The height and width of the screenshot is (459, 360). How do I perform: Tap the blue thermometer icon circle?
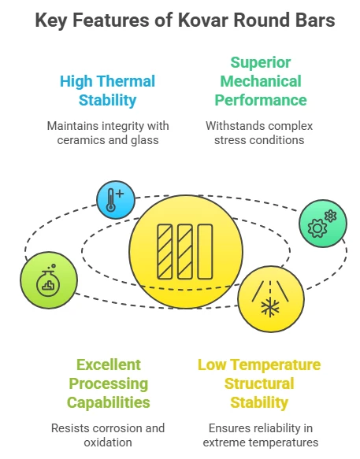coord(116,200)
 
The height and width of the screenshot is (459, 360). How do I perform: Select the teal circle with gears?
coord(323,224)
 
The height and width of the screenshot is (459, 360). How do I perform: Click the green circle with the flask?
coord(49,280)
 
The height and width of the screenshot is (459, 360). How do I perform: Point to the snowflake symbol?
coord(269,308)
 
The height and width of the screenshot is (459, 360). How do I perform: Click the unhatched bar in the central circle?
coord(205,252)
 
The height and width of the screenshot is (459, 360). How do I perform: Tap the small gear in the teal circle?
coord(331,216)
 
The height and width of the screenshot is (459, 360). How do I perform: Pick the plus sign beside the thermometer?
coord(120,194)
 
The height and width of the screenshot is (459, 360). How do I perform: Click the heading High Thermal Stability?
coord(107,91)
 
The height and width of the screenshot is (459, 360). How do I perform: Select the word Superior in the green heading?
coord(261,63)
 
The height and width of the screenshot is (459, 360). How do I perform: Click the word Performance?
coord(261,101)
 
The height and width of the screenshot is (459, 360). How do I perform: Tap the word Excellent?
coord(109,365)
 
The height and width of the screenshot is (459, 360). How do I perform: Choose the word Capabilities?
coord(109,402)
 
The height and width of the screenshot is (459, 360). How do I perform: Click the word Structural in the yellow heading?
coord(259,383)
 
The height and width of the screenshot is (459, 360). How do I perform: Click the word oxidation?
coord(108,442)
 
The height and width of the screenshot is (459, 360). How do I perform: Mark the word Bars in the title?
coord(317,20)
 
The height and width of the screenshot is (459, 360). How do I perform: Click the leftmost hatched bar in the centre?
coord(165,252)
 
